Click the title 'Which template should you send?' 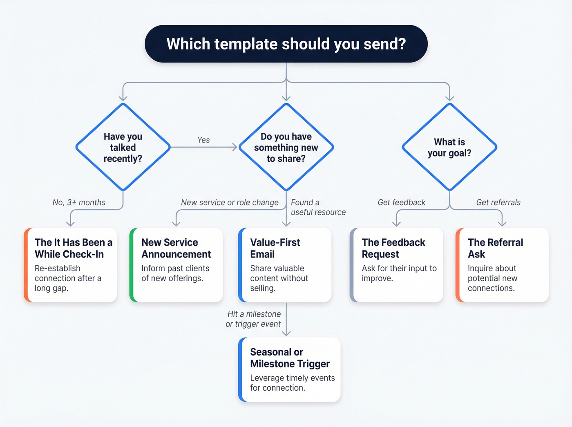point(286,44)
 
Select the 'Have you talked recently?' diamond point(123,147)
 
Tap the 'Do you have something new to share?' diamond point(286,147)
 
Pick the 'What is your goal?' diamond point(449,147)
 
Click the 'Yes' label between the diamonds point(203,140)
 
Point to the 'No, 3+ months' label point(79,202)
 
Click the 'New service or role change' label point(230,202)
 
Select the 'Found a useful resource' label point(318,207)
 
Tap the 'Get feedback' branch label point(401,202)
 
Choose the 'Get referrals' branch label point(498,202)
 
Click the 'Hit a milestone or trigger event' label point(253,319)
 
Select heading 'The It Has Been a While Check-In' point(73,248)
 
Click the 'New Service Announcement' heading point(176,248)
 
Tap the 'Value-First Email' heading point(275,248)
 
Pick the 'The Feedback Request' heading point(393,248)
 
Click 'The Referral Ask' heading point(495,248)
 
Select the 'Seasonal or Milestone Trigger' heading point(290,358)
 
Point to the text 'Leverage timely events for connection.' point(292,383)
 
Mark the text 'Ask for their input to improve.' point(399,273)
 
